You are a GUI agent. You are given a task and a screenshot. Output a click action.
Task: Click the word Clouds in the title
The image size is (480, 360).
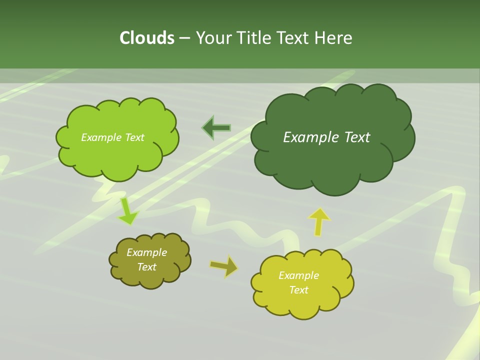pyautogui.click(x=147, y=38)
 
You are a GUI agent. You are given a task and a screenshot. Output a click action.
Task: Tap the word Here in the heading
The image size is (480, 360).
pyautogui.click(x=333, y=38)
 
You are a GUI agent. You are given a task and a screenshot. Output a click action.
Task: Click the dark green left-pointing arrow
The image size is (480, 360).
pyautogui.click(x=217, y=128)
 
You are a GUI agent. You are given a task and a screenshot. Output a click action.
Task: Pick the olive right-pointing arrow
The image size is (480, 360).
pyautogui.click(x=224, y=266)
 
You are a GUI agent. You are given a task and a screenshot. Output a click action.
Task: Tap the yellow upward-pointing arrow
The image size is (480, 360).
pyautogui.click(x=319, y=221)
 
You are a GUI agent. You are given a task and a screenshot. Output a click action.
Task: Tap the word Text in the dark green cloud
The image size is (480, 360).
pyautogui.click(x=356, y=137)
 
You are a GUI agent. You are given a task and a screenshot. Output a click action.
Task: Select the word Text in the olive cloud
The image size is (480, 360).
pyautogui.click(x=147, y=267)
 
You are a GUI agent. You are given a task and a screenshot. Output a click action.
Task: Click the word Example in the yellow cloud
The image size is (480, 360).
pyautogui.click(x=298, y=275)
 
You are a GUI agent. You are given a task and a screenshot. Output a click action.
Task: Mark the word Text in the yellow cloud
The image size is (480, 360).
pyautogui.click(x=298, y=290)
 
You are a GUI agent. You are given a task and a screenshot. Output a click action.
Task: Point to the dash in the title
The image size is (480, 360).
pyautogui.click(x=184, y=38)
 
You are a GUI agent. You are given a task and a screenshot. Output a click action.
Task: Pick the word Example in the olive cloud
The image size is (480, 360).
pyautogui.click(x=147, y=252)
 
